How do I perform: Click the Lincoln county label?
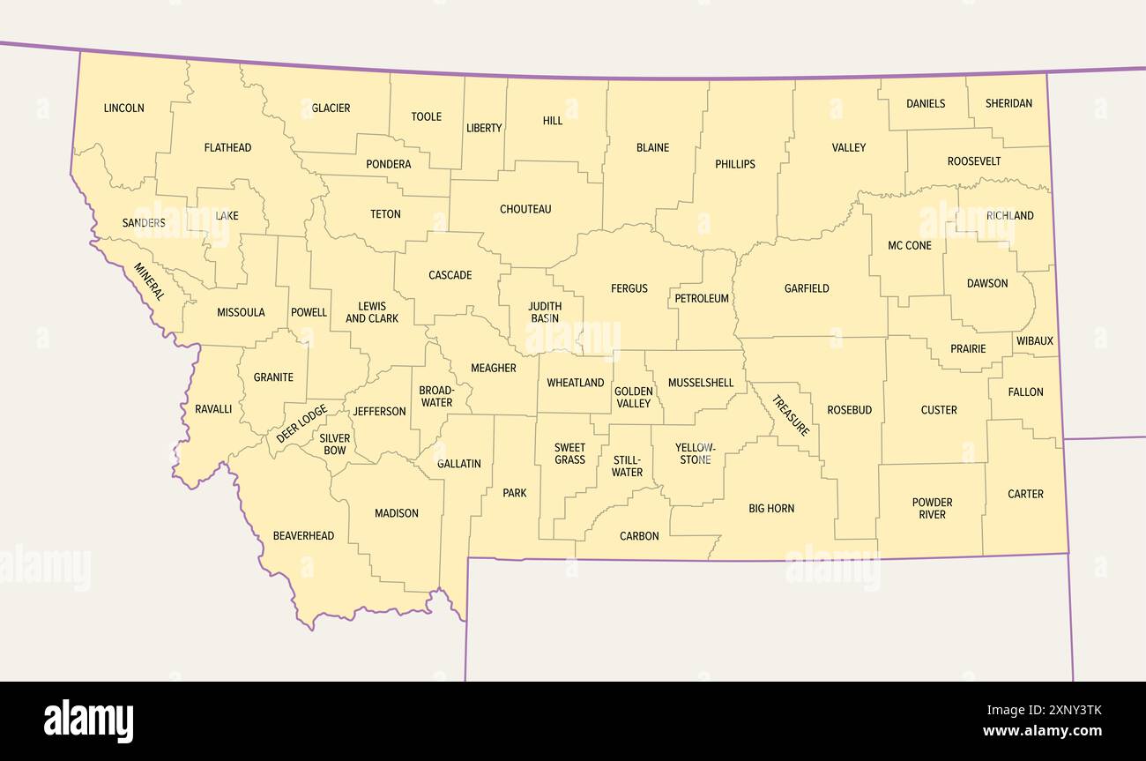[x=123, y=108]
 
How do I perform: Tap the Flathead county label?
[x=227, y=148]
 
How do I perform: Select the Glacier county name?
[x=331, y=108]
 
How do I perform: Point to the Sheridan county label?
[x=1008, y=104]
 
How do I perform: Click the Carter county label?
[x=1025, y=494]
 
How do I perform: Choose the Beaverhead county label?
[x=303, y=536]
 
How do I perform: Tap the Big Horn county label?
[x=771, y=509]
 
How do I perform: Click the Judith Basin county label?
[x=545, y=313]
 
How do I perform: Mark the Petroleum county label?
[x=702, y=299]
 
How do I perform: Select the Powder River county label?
[x=932, y=509]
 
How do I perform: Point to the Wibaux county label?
[x=1034, y=341]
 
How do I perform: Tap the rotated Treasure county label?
[x=791, y=415]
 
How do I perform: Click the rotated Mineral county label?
[x=149, y=281]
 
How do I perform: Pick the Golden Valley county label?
[x=633, y=398]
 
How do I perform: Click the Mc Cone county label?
[x=910, y=246]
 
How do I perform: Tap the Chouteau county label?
[x=525, y=210]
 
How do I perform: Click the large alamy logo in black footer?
[x=89, y=721]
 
